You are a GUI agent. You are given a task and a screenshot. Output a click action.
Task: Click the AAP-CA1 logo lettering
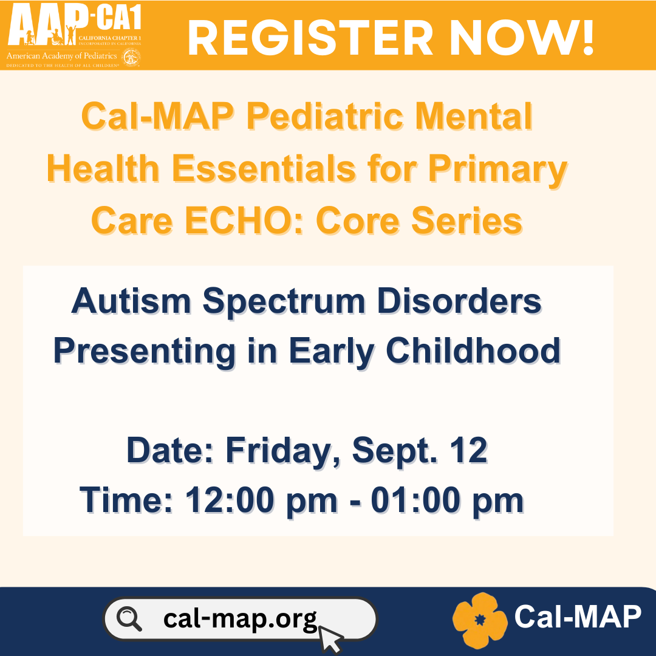pos(75,24)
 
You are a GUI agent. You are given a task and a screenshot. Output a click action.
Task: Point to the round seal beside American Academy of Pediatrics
pos(131,57)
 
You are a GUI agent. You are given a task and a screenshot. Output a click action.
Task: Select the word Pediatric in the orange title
pos(324,116)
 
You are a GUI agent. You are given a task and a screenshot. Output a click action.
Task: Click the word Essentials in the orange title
pos(264,168)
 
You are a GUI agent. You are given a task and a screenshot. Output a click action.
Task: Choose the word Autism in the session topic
pos(131,301)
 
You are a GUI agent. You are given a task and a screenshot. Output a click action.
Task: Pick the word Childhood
pos(473,350)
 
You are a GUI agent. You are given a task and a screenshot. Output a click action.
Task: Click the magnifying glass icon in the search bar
pos(129,619)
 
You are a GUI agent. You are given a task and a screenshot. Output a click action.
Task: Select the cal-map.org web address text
pos(240,619)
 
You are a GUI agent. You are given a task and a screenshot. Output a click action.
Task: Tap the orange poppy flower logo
pos(480,620)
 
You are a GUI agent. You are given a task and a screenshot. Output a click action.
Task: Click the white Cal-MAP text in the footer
pos(578,617)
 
